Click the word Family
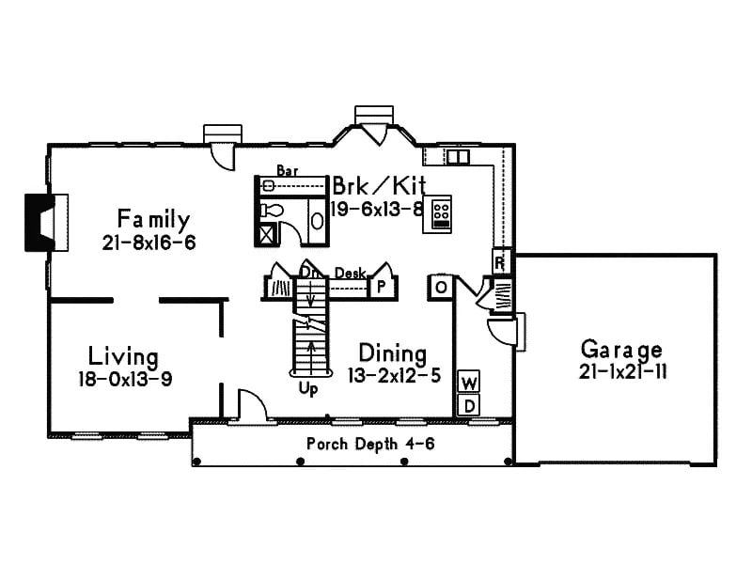[153, 220]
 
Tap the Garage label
[620, 349]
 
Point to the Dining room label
[393, 353]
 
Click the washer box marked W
[468, 382]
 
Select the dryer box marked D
[468, 404]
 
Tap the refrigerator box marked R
[500, 260]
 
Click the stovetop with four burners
[440, 213]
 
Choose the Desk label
[350, 273]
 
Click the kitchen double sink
[458, 157]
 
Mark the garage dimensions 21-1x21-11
[620, 371]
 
